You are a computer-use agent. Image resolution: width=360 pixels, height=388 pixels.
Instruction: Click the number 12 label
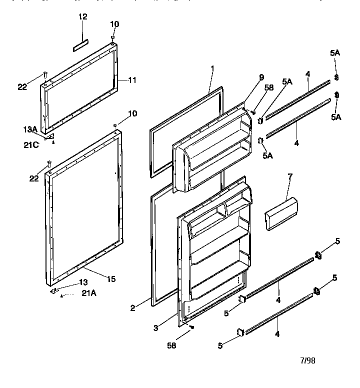click(x=83, y=16)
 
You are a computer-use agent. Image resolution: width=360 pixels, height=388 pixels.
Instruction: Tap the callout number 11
click(x=132, y=79)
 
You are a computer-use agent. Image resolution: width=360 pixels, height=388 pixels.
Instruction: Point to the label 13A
click(x=30, y=129)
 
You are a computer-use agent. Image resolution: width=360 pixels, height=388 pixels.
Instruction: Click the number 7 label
click(x=290, y=177)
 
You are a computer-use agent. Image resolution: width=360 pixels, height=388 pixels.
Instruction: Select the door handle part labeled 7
click(x=280, y=214)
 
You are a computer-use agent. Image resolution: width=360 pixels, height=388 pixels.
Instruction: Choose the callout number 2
click(x=133, y=308)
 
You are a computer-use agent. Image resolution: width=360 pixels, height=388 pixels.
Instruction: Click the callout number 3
click(x=156, y=328)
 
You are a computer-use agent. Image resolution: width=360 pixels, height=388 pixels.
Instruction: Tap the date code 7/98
click(x=308, y=360)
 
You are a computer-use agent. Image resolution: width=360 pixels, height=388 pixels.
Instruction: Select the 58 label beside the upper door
click(x=269, y=87)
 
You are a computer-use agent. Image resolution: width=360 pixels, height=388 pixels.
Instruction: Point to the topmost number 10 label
click(x=115, y=24)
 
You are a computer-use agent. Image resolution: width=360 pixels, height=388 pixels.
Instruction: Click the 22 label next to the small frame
click(x=22, y=87)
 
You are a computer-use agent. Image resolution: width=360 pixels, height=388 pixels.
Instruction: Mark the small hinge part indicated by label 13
click(x=54, y=290)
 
